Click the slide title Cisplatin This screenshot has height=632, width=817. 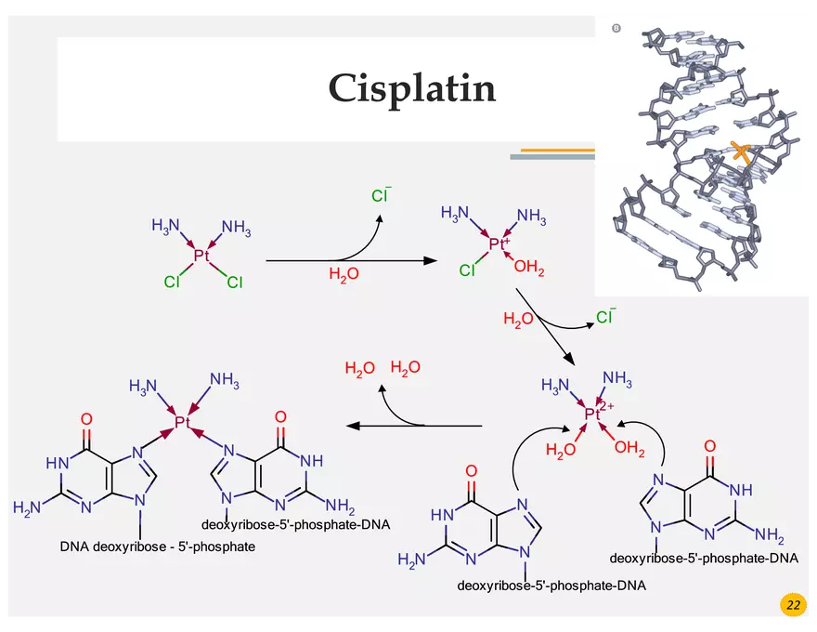(411, 88)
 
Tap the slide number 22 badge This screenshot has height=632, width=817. (793, 605)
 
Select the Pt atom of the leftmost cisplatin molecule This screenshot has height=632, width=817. (201, 255)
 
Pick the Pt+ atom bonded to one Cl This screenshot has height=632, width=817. (499, 244)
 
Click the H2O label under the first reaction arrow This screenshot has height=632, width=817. (344, 274)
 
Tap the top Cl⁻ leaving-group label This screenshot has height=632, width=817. (381, 196)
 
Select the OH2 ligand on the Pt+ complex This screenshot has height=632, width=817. (529, 270)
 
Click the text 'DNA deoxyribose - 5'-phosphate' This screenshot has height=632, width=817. (157, 546)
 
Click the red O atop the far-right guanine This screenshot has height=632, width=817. (710, 460)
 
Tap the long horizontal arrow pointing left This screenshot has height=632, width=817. (413, 426)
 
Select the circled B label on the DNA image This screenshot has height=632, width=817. (616, 29)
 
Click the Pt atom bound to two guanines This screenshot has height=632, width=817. (182, 423)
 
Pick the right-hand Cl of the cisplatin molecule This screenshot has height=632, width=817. (234, 283)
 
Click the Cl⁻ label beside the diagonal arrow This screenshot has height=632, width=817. (605, 318)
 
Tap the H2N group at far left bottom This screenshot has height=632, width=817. (28, 507)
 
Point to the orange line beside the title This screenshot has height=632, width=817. (557, 150)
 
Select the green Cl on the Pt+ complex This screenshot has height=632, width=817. (467, 271)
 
